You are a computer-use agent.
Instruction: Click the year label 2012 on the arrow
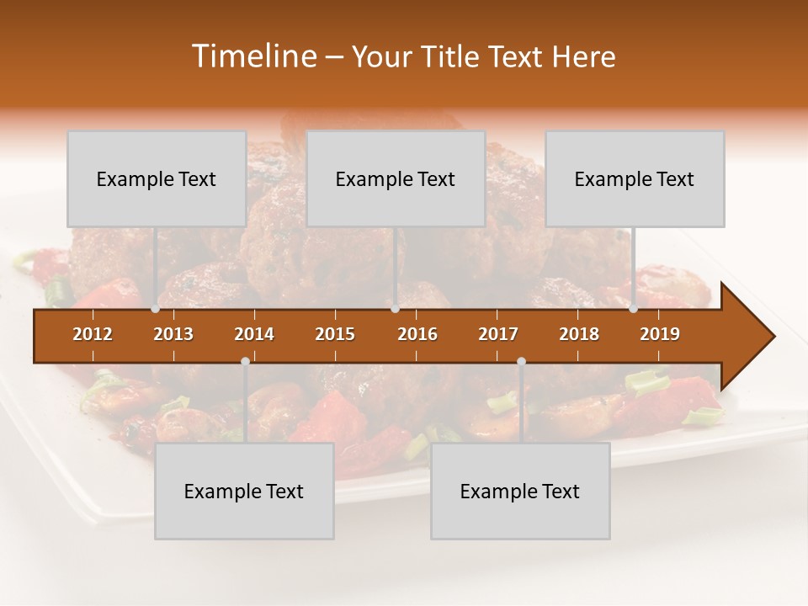[93, 334]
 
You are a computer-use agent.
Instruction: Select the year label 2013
[173, 334]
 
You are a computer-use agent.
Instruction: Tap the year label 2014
[254, 334]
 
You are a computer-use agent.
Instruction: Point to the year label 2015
[335, 334]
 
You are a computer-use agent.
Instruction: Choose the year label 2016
[417, 334]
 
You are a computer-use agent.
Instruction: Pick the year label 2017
[498, 334]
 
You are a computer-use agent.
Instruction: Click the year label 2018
[579, 334]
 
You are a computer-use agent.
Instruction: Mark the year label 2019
[660, 334]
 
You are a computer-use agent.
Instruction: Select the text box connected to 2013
[157, 178]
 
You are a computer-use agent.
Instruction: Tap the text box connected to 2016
[396, 178]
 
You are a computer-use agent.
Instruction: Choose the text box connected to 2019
[635, 178]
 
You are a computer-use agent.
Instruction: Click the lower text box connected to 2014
[244, 491]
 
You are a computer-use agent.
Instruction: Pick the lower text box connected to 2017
[520, 491]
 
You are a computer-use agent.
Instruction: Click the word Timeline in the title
[253, 56]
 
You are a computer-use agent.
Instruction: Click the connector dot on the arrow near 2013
[156, 309]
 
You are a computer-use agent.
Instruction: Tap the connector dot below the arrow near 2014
[245, 362]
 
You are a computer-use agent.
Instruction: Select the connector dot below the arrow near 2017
[521, 362]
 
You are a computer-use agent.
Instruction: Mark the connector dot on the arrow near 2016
[395, 309]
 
